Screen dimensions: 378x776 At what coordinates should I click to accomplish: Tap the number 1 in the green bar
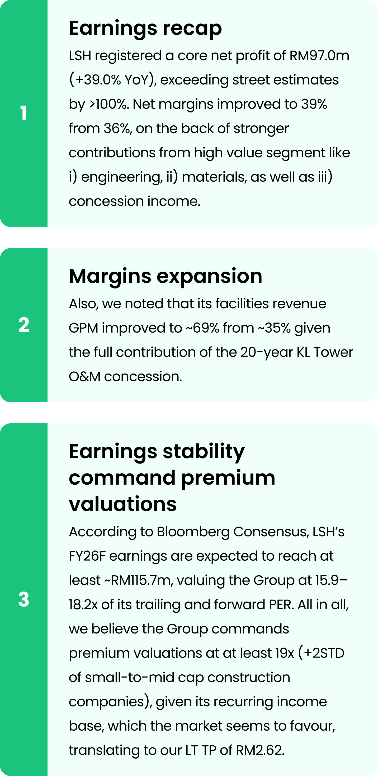tap(24, 113)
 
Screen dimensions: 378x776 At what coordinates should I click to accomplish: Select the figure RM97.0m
tap(319, 56)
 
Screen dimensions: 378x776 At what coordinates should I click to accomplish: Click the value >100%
tap(109, 104)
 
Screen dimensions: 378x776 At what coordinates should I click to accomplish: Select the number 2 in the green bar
tap(24, 325)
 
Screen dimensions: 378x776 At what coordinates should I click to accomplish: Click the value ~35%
tap(274, 328)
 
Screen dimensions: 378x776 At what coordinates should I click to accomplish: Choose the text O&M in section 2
tap(85, 377)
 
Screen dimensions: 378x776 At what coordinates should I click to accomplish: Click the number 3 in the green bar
tap(24, 599)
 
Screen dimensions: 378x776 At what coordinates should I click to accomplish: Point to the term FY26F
tap(87, 556)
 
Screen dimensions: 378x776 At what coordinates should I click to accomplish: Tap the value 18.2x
tap(83, 605)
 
